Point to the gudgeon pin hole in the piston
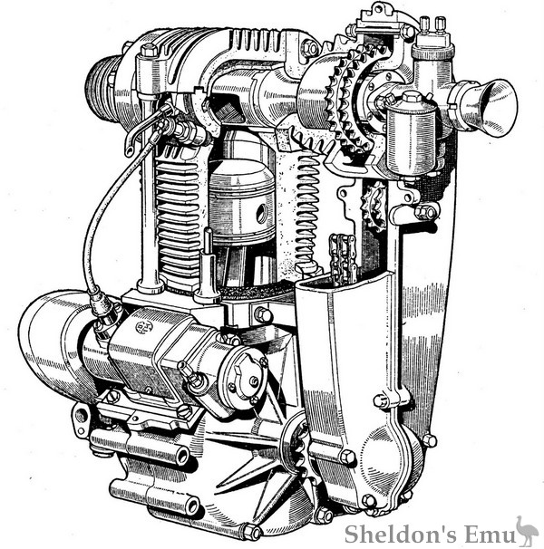click(261, 213)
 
